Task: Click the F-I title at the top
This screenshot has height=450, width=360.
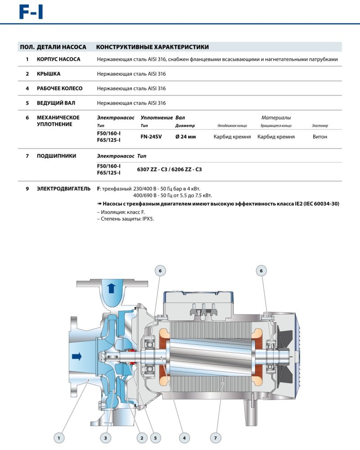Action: pos(31,12)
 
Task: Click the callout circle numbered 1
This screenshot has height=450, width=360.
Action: pos(58,436)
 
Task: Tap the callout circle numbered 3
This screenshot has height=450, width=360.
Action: pos(105,436)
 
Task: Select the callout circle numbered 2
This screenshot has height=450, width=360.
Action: pos(141,436)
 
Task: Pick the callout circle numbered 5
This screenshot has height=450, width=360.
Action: pos(155,436)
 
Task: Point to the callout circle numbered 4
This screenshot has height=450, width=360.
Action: pos(184,436)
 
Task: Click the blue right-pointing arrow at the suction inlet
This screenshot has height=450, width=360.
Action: pos(76,357)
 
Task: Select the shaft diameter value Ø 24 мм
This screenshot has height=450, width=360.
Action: pos(185,136)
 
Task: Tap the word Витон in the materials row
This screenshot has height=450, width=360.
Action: pos(319,136)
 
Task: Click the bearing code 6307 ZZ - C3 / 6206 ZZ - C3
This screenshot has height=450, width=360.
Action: pos(169,169)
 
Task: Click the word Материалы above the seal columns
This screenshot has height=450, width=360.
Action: pos(276,117)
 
